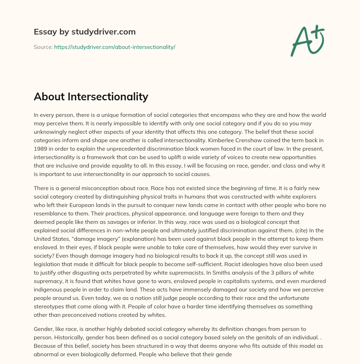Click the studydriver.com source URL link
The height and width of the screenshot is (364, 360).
point(115,47)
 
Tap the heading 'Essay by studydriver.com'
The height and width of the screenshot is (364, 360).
point(84,32)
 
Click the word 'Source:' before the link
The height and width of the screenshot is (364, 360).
point(43,47)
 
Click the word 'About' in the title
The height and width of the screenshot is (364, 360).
point(48,96)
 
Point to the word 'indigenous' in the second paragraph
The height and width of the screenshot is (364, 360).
point(49,289)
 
